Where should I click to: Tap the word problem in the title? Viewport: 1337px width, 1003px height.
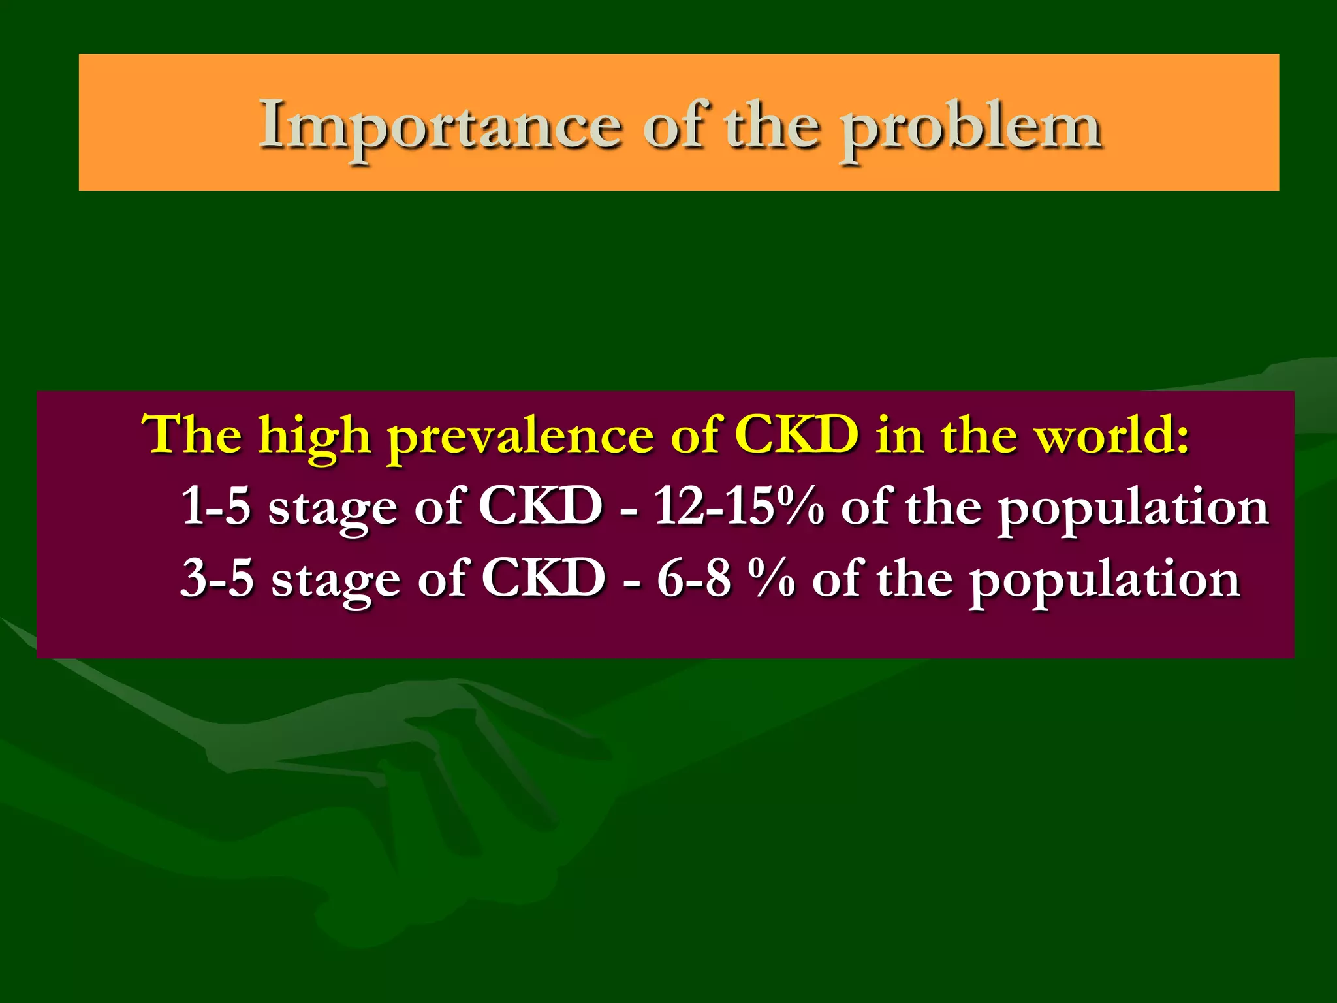(x=971, y=127)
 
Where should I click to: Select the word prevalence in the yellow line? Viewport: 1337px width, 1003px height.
(x=520, y=436)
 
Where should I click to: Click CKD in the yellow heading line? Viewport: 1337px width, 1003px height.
(x=796, y=434)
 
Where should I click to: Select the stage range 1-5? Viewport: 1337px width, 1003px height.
(x=215, y=506)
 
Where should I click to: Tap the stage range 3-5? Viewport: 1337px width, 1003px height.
(x=216, y=579)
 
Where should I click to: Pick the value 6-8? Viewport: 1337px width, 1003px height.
(x=693, y=579)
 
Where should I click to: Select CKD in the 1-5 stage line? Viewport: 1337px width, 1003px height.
(x=540, y=506)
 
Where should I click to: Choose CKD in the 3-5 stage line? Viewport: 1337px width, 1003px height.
(x=543, y=579)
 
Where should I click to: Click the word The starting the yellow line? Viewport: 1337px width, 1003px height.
(x=192, y=434)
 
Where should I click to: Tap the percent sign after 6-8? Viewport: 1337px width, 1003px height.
(x=772, y=579)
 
